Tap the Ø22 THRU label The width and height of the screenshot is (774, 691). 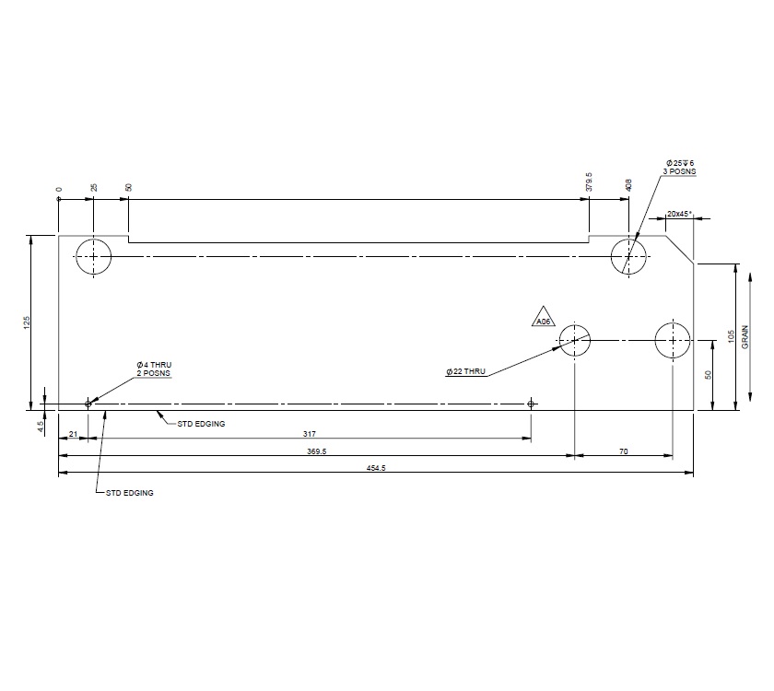coord(465,371)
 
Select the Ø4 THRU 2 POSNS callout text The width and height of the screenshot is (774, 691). coord(154,369)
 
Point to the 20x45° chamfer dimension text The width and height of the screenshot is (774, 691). coord(680,214)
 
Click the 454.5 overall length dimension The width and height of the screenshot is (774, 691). coord(375,468)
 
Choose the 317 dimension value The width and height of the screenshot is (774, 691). coord(308,433)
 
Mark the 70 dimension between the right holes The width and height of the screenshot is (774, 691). coord(623,451)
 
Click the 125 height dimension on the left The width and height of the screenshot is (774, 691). coord(27,322)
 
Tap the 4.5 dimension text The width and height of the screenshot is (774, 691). coord(40,427)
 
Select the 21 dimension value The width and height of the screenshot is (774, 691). coord(73,433)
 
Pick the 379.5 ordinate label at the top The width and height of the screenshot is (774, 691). coord(589,182)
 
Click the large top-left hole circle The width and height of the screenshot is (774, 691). coord(94,256)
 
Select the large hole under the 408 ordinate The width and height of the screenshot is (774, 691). coord(628,256)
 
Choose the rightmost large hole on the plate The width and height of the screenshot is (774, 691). coord(673,340)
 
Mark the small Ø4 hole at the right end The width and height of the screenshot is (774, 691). coord(531,404)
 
